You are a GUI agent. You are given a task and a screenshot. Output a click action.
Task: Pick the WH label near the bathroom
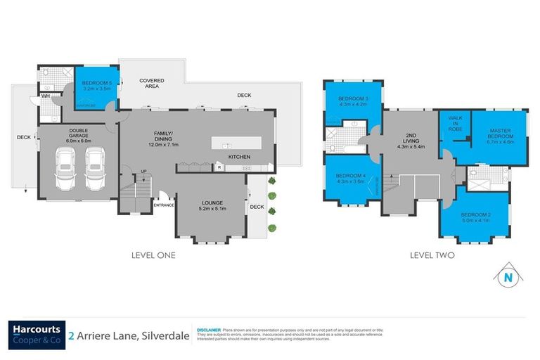click(44, 96)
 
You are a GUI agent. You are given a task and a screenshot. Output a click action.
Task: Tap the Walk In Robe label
click(452, 125)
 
